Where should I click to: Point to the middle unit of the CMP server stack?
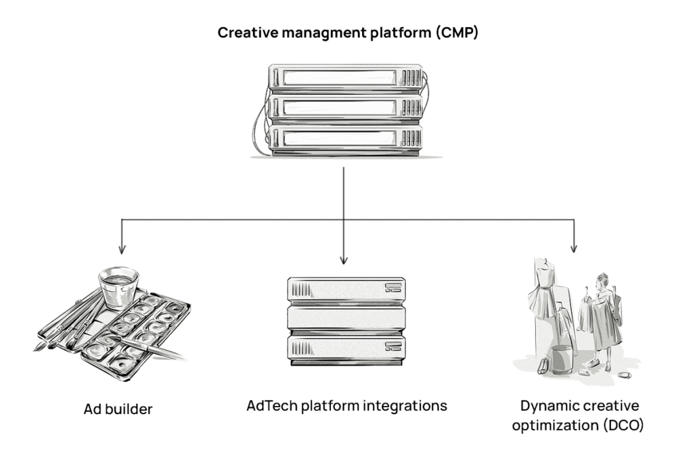point(344,108)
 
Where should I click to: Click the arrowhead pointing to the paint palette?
point(122,247)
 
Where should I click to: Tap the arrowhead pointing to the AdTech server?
point(344,259)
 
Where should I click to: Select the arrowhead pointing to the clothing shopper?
point(575,247)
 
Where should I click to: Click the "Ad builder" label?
point(118,409)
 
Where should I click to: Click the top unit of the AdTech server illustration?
point(345,288)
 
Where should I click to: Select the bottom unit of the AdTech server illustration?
point(345,347)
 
